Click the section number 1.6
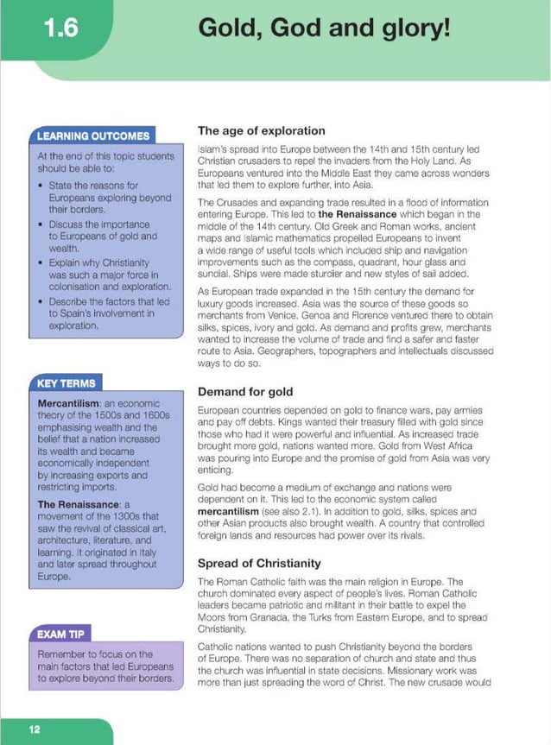pos(61,28)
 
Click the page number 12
pos(35,729)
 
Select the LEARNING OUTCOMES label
pos(93,136)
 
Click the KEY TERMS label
pos(66,382)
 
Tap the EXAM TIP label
pos(60,635)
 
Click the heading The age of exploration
pos(261,131)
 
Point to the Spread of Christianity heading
pos(259,563)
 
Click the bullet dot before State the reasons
pos(42,186)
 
